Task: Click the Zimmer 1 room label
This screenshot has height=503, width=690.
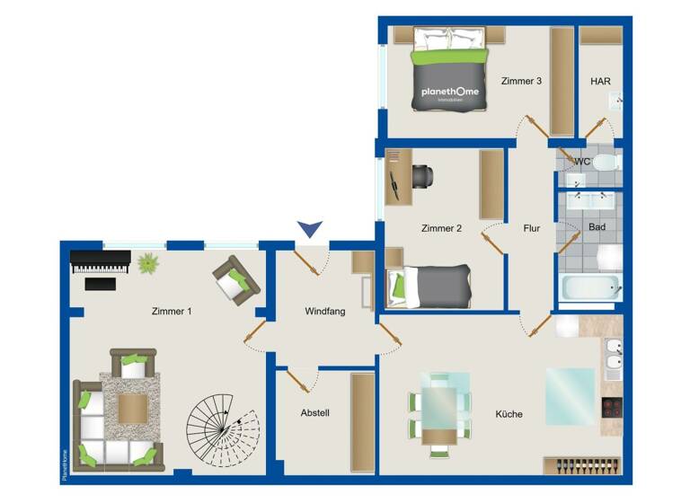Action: coord(171,311)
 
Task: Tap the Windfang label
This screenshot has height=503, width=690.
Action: coord(324,311)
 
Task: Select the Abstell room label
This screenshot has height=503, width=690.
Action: coord(314,413)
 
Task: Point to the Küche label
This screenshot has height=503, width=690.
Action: coord(509,414)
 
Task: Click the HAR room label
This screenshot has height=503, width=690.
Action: coord(600,81)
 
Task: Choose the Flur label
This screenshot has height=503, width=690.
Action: coord(532,228)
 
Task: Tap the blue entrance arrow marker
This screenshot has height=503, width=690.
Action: coord(310,231)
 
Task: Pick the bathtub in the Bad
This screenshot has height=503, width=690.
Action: coord(590,289)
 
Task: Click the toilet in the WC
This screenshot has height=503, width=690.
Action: coord(604,163)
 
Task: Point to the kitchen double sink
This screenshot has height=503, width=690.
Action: coord(613,357)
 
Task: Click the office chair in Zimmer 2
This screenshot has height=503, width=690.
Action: coord(421,177)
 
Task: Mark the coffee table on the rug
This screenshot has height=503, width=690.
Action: coord(133,410)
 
